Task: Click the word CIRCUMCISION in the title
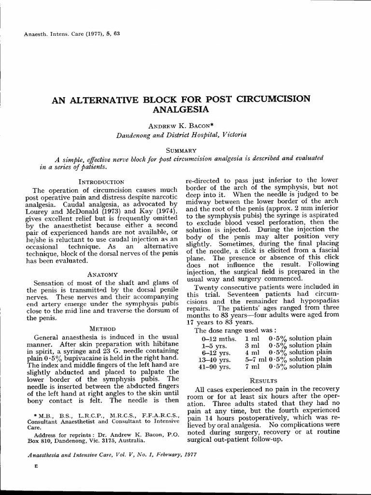[x=274, y=99]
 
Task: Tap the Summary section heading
[x=181, y=150]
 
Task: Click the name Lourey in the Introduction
[x=37, y=211]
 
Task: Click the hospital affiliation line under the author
[x=182, y=135]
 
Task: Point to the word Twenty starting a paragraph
[x=205, y=287]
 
